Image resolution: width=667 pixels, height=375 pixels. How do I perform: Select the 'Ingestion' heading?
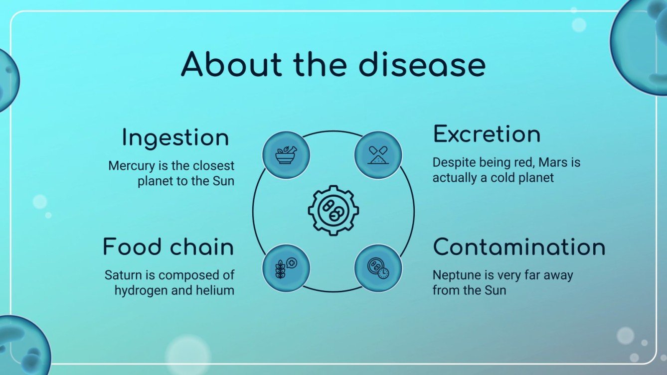coord(175,138)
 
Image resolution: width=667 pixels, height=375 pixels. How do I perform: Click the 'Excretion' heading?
coord(487,134)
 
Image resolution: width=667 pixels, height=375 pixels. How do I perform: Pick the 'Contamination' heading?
coord(519,248)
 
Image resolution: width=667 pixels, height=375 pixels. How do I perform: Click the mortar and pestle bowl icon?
coord(286,155)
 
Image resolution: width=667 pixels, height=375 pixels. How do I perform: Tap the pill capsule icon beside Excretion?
coord(378,155)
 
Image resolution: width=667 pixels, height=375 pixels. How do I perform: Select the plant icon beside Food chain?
coord(286,268)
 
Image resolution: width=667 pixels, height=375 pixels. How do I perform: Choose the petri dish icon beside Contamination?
coord(378,268)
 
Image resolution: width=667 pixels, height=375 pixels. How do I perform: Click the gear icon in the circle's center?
coord(333,210)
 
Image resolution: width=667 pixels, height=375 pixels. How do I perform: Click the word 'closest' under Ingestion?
coord(213,166)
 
